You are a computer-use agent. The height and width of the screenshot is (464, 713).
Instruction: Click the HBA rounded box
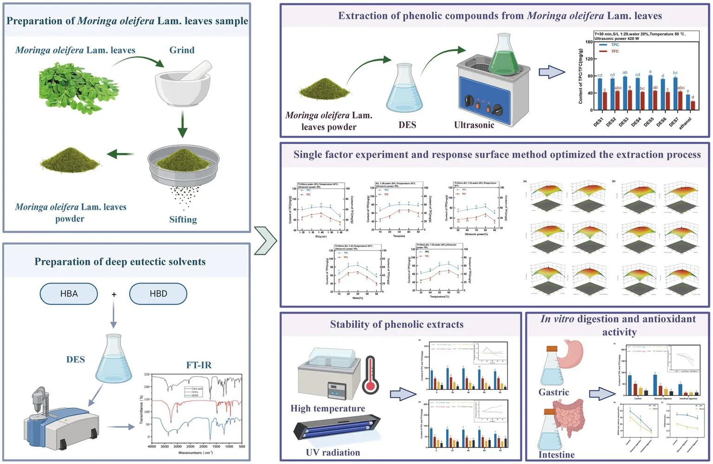point(69,294)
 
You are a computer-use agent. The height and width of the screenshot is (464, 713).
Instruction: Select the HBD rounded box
point(158,294)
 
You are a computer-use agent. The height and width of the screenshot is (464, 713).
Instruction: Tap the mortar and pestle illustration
point(183,84)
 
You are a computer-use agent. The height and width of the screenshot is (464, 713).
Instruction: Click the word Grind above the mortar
point(182,50)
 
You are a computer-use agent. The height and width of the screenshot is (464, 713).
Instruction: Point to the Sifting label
point(183,219)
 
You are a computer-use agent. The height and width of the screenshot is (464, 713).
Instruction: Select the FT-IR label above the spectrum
point(199,365)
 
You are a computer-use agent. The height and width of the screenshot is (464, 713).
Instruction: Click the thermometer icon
point(371,375)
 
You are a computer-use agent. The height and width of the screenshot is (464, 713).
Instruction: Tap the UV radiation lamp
point(337,429)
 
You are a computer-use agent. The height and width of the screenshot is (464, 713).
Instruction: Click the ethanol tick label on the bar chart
point(685,123)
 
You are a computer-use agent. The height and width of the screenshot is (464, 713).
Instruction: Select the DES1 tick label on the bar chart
point(599,122)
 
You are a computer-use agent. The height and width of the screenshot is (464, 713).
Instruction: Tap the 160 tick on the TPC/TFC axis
point(589,42)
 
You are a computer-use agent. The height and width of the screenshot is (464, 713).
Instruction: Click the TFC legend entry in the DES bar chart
point(615,51)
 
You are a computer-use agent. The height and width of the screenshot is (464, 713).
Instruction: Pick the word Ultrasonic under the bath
point(474,125)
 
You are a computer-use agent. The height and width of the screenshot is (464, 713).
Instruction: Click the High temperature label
point(327,408)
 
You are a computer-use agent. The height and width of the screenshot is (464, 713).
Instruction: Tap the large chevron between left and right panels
point(266,241)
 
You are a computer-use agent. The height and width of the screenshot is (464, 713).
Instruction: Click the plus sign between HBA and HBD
point(114,295)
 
